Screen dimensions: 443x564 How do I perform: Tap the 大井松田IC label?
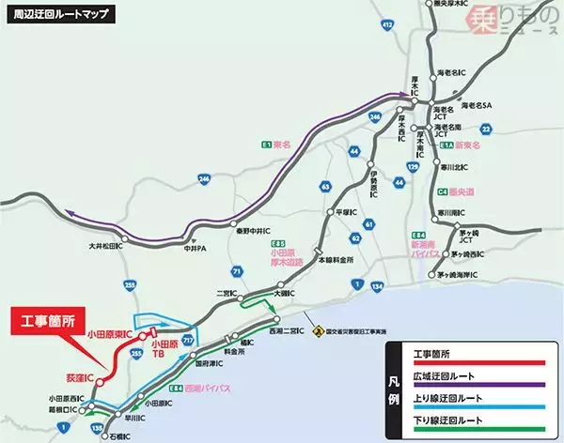coord(107,246)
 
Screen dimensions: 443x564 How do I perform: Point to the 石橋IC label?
coord(114,435)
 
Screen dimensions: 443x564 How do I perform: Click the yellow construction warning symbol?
coord(319,330)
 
